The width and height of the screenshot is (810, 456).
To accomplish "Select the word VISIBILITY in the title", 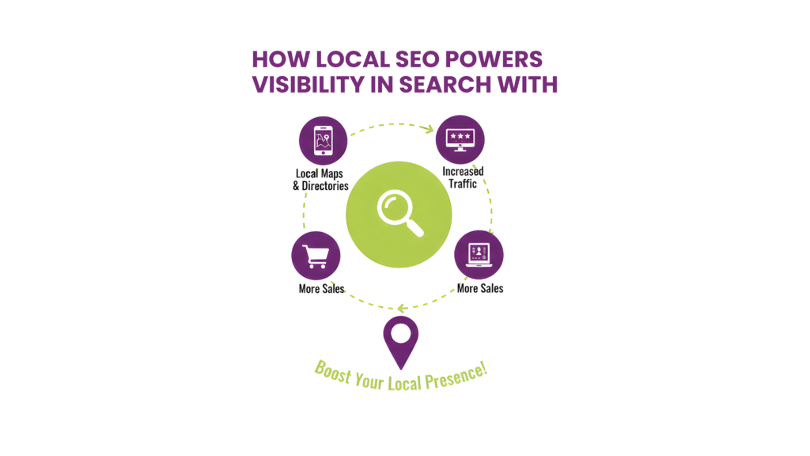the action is (x=308, y=85).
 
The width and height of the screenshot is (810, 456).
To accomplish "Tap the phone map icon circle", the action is (x=323, y=141).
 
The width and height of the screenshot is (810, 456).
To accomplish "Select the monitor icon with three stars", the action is (x=460, y=139).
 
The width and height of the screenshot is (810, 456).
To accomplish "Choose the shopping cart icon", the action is (x=316, y=256).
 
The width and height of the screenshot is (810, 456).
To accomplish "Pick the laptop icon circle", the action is (x=479, y=254).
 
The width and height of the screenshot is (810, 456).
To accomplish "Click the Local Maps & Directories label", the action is (x=320, y=180).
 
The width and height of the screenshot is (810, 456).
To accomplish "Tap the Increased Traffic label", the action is (x=463, y=177).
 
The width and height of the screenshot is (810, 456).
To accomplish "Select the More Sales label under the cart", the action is (x=321, y=288).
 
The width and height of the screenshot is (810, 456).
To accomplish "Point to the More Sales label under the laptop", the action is (x=480, y=288).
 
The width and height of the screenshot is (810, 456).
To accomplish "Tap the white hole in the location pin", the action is (x=401, y=333).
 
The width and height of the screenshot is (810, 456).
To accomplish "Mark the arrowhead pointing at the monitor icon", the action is (x=429, y=129).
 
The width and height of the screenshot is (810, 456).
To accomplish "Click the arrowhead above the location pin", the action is (x=402, y=309).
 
